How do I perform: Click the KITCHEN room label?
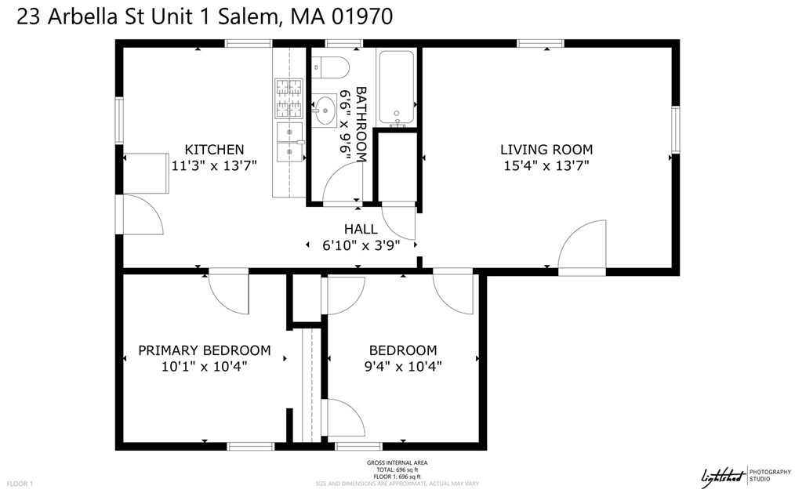click(214, 149)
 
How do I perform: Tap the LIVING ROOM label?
click(546, 149)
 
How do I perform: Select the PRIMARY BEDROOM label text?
click(205, 350)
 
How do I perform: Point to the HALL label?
click(361, 229)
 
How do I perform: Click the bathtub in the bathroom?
click(398, 87)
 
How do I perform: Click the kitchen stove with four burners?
click(289, 99)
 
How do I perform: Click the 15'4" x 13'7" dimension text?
click(546, 165)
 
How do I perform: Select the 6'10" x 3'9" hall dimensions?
click(361, 245)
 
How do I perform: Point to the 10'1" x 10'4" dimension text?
click(205, 366)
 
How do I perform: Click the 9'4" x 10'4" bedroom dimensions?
click(403, 366)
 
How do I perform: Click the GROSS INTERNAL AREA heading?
click(397, 463)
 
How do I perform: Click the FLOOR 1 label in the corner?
click(19, 484)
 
